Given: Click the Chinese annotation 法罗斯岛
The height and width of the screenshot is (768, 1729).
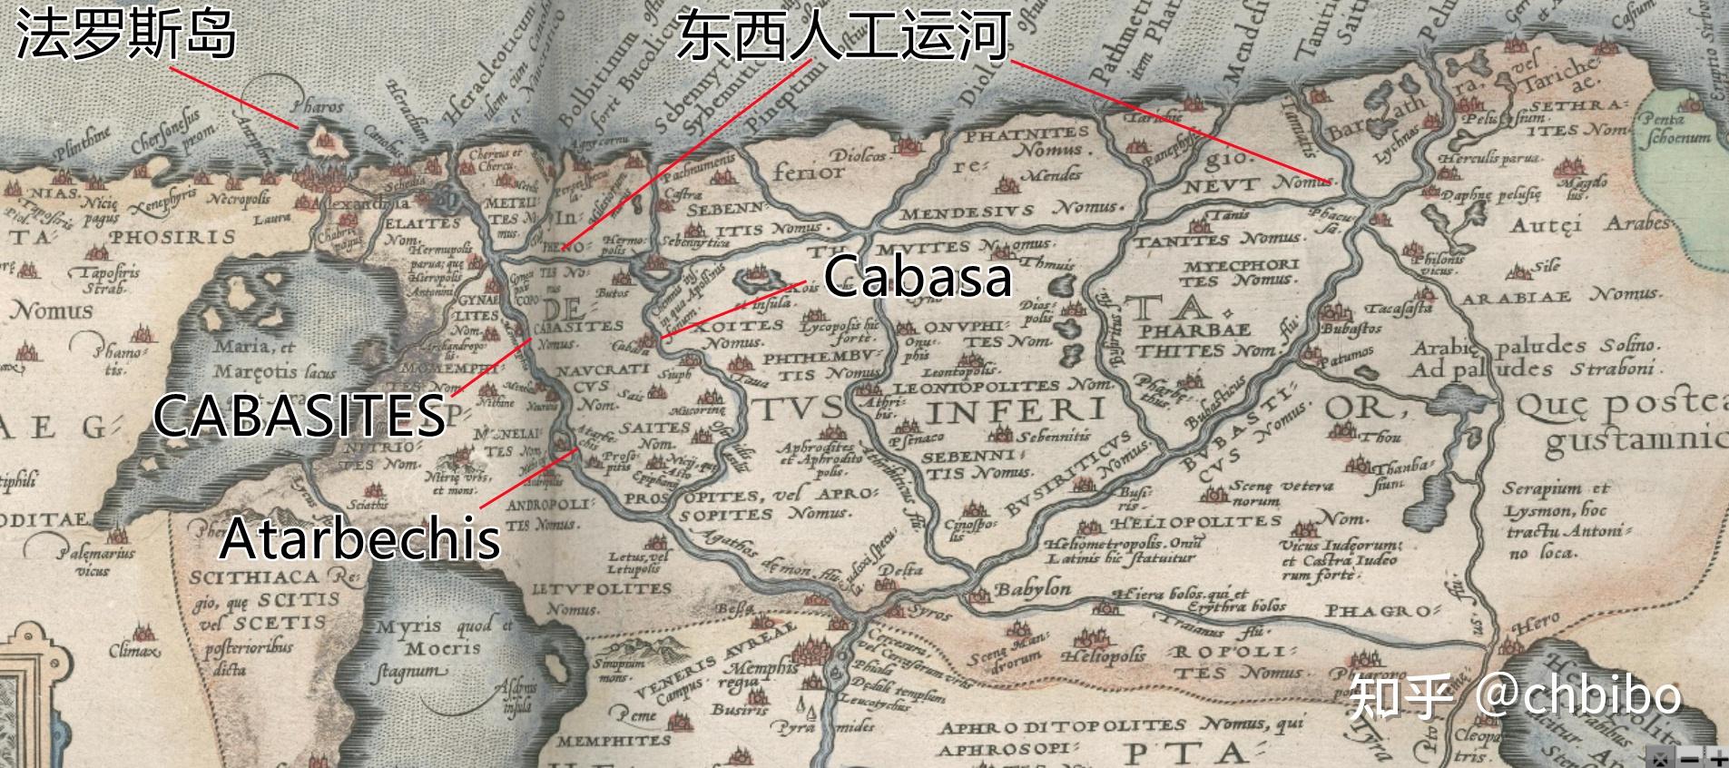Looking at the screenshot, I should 126,37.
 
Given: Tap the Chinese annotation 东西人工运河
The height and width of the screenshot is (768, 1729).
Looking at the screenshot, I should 842,37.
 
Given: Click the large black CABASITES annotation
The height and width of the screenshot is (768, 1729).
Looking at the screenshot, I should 299,416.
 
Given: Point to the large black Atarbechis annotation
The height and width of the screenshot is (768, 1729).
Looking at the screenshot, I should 359,537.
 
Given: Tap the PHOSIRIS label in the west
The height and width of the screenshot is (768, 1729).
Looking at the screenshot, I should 172,238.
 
